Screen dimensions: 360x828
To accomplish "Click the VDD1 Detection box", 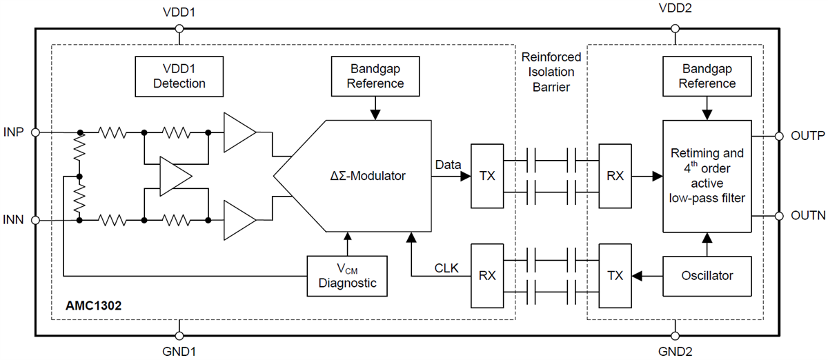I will pyautogui.click(x=179, y=77).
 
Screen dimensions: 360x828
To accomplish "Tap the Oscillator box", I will pyautogui.click(x=707, y=275).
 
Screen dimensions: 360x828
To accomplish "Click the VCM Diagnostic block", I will pyautogui.click(x=347, y=275).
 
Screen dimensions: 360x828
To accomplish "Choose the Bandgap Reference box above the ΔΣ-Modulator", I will pyautogui.click(x=375, y=77).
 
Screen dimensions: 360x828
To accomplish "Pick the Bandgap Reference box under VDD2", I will pyautogui.click(x=707, y=77).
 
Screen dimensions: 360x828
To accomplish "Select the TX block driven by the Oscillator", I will pyautogui.click(x=615, y=275).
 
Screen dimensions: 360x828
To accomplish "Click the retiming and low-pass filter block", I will pyautogui.click(x=707, y=176).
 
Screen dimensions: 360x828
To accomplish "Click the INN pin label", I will pyautogui.click(x=15, y=221).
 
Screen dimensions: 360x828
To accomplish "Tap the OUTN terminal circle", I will pyautogui.click(x=779, y=216).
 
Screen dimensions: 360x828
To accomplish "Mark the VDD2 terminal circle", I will pyautogui.click(x=675, y=28).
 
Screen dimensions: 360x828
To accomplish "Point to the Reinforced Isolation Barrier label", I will pyautogui.click(x=551, y=72).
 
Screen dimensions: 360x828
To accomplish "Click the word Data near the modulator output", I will pyautogui.click(x=448, y=165).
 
